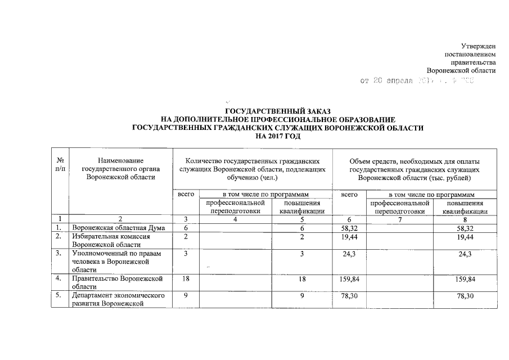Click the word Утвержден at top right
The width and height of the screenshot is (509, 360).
pos(478,45)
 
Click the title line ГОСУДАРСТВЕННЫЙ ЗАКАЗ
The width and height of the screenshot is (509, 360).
pos(278,111)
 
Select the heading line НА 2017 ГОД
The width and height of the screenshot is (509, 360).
pos(278,136)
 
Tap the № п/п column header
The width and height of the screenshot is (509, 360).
pos(61,165)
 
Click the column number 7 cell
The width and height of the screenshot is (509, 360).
pos(399,219)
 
